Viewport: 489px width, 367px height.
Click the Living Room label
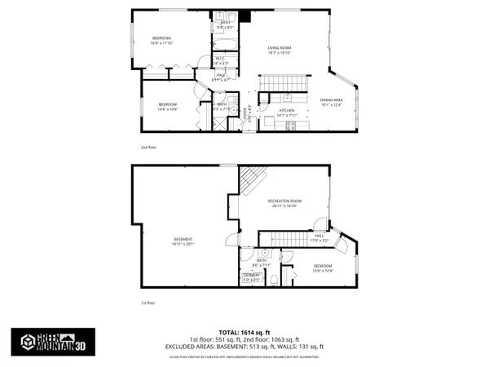click(x=280, y=49)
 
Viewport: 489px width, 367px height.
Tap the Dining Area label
click(x=331, y=98)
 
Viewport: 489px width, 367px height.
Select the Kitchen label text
click(x=287, y=110)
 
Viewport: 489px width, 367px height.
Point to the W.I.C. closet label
click(x=221, y=59)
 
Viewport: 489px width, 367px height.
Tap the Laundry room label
click(x=250, y=276)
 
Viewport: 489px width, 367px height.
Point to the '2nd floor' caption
click(x=147, y=147)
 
